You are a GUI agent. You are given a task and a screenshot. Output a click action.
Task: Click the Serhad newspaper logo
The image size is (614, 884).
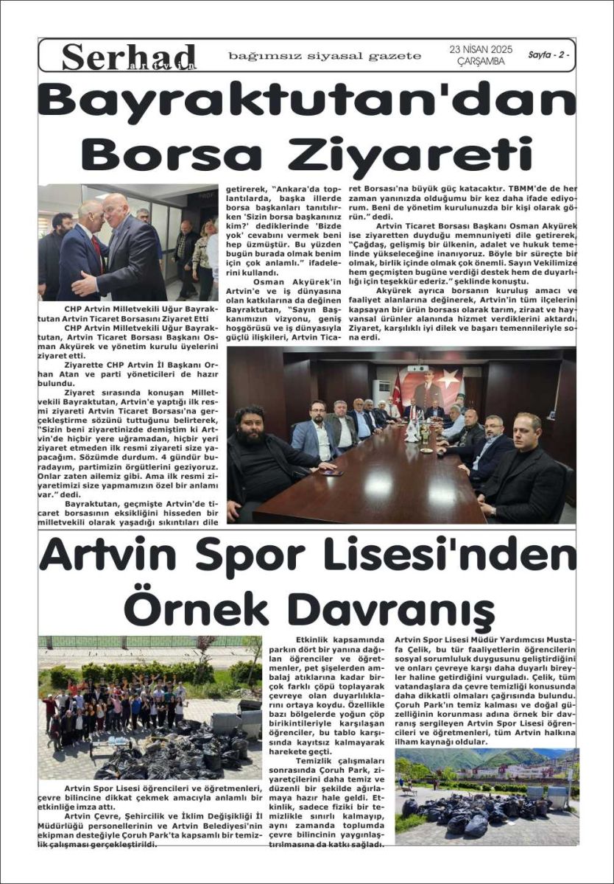[129, 57]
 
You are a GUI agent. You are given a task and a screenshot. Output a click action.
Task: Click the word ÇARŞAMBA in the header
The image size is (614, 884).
[478, 63]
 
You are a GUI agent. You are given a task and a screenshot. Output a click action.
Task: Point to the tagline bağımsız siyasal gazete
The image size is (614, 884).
[325, 56]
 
